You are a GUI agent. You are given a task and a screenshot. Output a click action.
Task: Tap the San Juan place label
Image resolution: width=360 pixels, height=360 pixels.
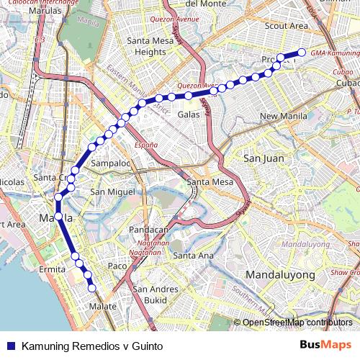[x=263, y=158]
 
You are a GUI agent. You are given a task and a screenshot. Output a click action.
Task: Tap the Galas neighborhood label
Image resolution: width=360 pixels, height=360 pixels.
[x=189, y=114]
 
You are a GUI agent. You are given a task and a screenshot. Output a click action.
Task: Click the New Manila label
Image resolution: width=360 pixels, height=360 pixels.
[x=284, y=116]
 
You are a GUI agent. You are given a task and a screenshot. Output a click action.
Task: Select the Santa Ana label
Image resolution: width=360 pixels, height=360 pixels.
[x=193, y=256]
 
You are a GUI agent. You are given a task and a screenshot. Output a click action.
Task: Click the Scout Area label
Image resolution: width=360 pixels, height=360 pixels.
[x=287, y=25]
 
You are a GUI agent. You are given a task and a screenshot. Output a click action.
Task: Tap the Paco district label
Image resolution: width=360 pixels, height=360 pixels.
[x=117, y=266]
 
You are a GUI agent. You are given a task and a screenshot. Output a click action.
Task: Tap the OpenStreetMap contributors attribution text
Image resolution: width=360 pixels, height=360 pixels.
[x=297, y=323]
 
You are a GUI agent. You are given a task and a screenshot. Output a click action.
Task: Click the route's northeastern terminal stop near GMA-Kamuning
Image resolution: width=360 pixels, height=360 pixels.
[x=302, y=51]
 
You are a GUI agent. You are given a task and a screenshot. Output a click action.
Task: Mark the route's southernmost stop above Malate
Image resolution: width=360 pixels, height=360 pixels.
[x=92, y=289]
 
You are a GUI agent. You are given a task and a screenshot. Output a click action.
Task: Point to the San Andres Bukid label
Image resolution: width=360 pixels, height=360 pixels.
[x=156, y=294]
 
